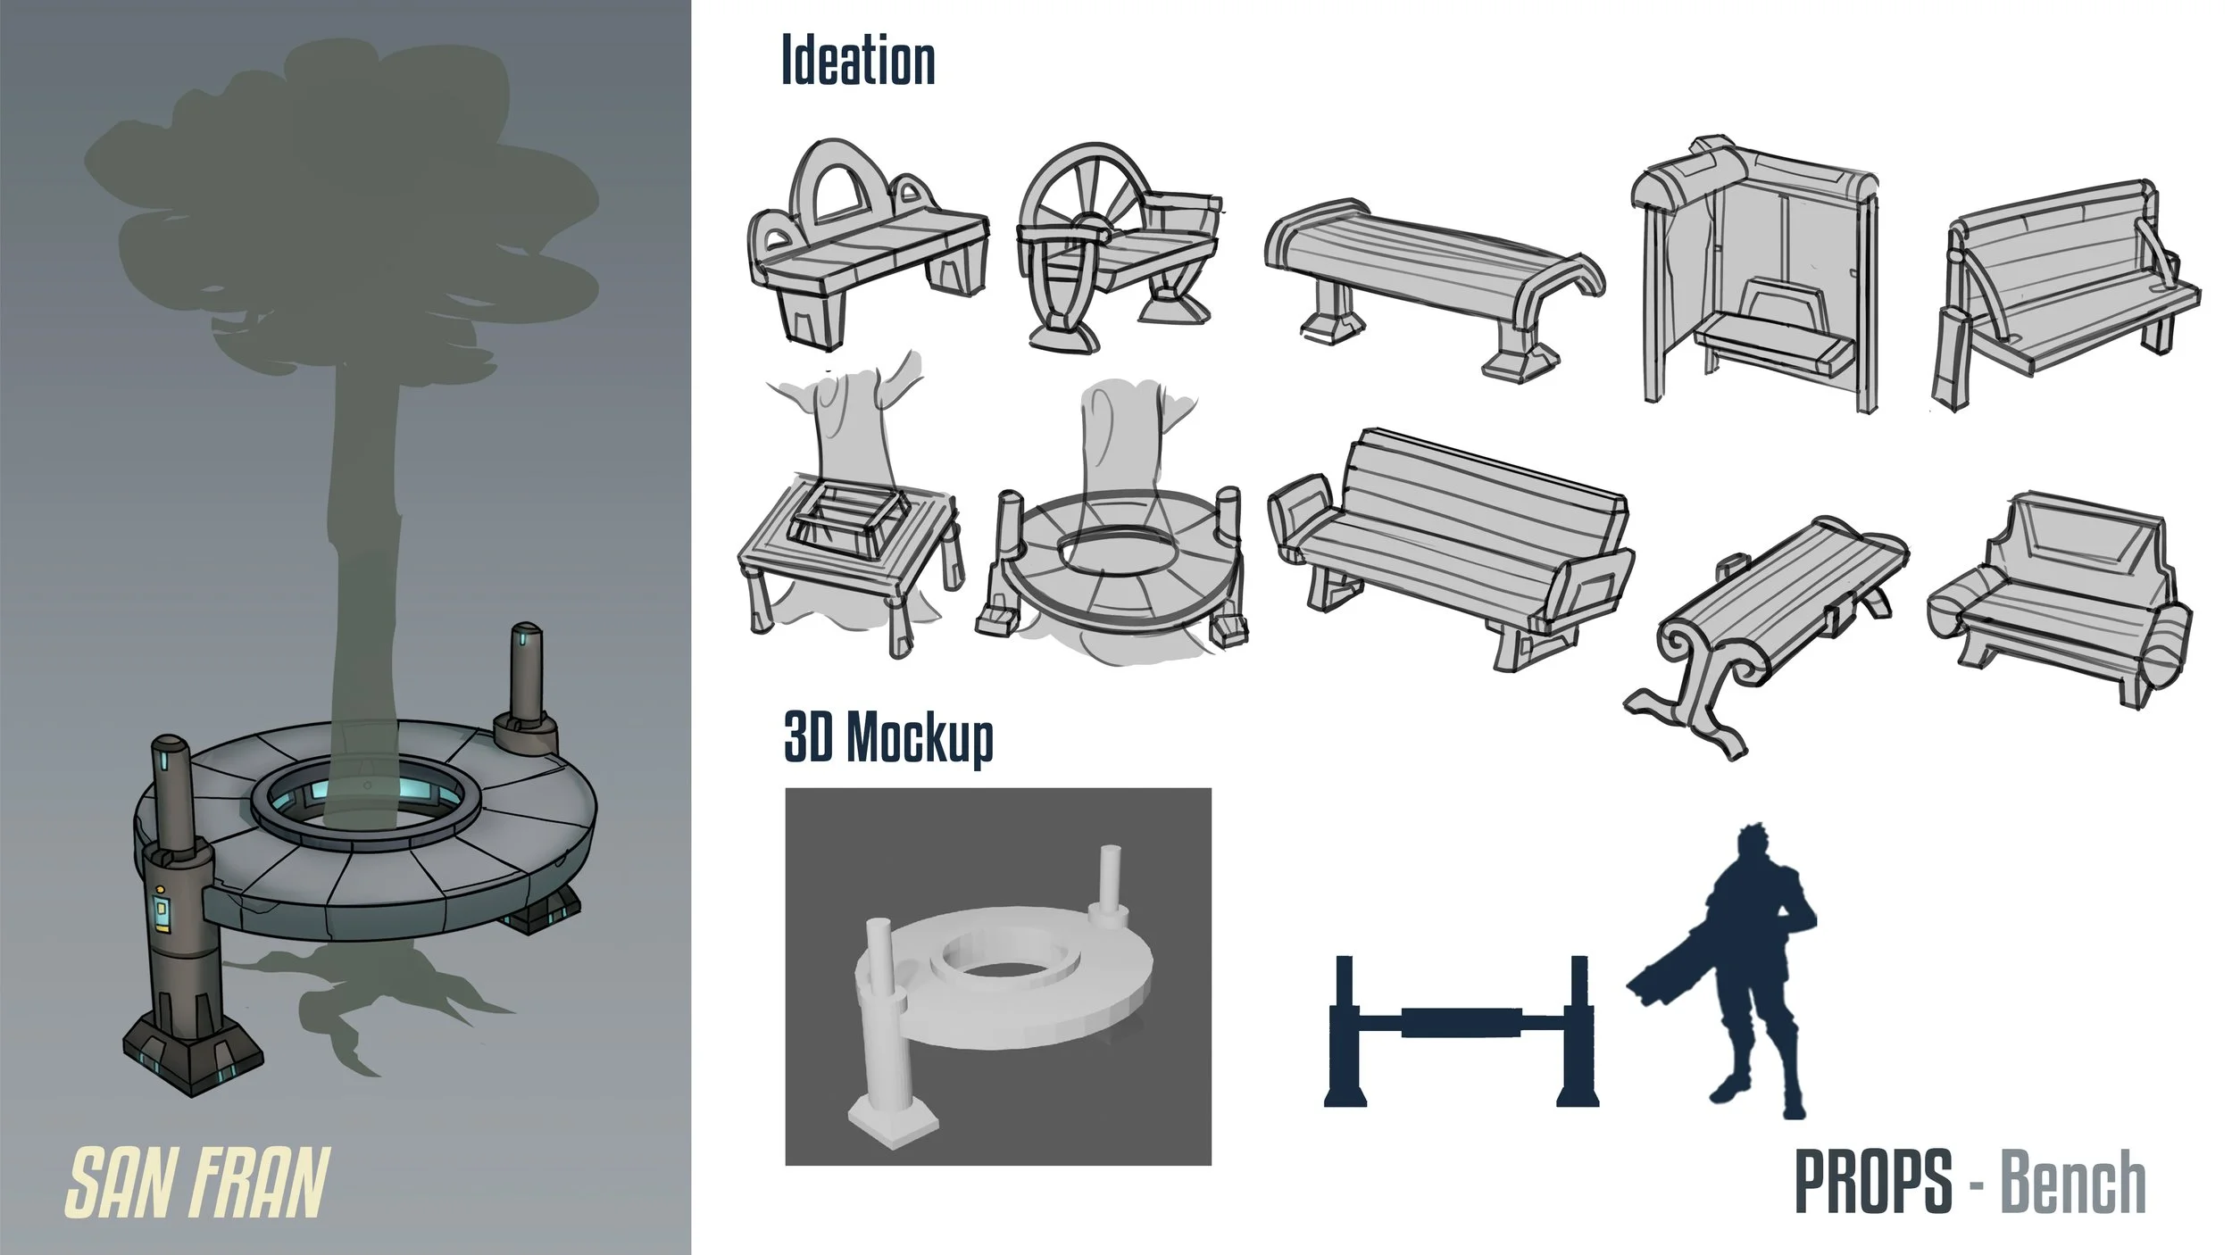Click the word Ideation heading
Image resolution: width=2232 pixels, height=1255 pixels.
[858, 60]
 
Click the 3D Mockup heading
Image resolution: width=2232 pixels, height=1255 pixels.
[888, 737]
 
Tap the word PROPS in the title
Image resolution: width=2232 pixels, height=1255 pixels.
[1873, 1182]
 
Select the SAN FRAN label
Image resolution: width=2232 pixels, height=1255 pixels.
[198, 1183]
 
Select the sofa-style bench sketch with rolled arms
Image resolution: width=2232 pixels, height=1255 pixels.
[2059, 599]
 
